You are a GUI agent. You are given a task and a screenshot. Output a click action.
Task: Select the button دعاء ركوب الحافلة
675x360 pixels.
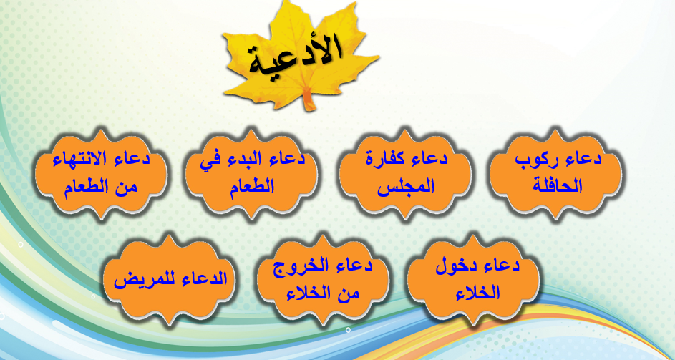click(x=555, y=173)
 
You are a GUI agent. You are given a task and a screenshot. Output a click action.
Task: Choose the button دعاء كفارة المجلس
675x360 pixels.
click(x=405, y=173)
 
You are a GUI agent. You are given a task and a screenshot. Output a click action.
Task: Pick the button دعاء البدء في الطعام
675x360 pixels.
click(x=251, y=173)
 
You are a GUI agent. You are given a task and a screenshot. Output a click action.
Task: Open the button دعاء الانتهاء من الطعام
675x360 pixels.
click(x=101, y=173)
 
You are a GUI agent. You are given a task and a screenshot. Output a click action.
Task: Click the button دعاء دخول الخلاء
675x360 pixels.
click(x=472, y=279)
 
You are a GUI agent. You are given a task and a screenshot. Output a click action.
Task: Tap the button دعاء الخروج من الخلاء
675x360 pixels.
click(x=323, y=279)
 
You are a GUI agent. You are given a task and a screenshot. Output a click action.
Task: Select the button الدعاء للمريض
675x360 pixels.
click(x=170, y=279)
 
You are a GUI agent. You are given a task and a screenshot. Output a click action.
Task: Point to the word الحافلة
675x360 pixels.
click(x=558, y=186)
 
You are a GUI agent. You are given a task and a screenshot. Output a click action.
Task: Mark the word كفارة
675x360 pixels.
click(x=384, y=159)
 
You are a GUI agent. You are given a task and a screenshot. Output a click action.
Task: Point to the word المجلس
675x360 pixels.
click(x=406, y=187)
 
